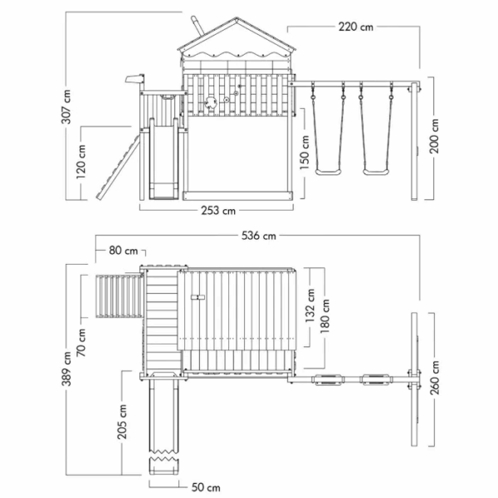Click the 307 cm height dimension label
tap(66, 107)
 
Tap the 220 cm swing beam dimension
tap(356, 27)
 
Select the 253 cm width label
tap(218, 210)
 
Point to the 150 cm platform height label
tap(305, 152)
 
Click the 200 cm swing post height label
tap(434, 136)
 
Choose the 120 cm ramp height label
tap(81, 161)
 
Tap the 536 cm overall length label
tap(259, 236)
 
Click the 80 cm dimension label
tap(124, 251)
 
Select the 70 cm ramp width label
tap(81, 342)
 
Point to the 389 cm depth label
tap(66, 369)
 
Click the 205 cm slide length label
tap(122, 422)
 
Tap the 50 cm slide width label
tap(206, 487)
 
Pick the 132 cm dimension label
tap(310, 305)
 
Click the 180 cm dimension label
tap(325, 316)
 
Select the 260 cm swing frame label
tap(434, 378)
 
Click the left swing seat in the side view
tap(329, 172)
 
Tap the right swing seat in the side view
tap(376, 172)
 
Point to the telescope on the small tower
tap(134, 79)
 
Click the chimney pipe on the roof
tap(198, 25)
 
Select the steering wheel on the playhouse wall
tap(210, 102)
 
